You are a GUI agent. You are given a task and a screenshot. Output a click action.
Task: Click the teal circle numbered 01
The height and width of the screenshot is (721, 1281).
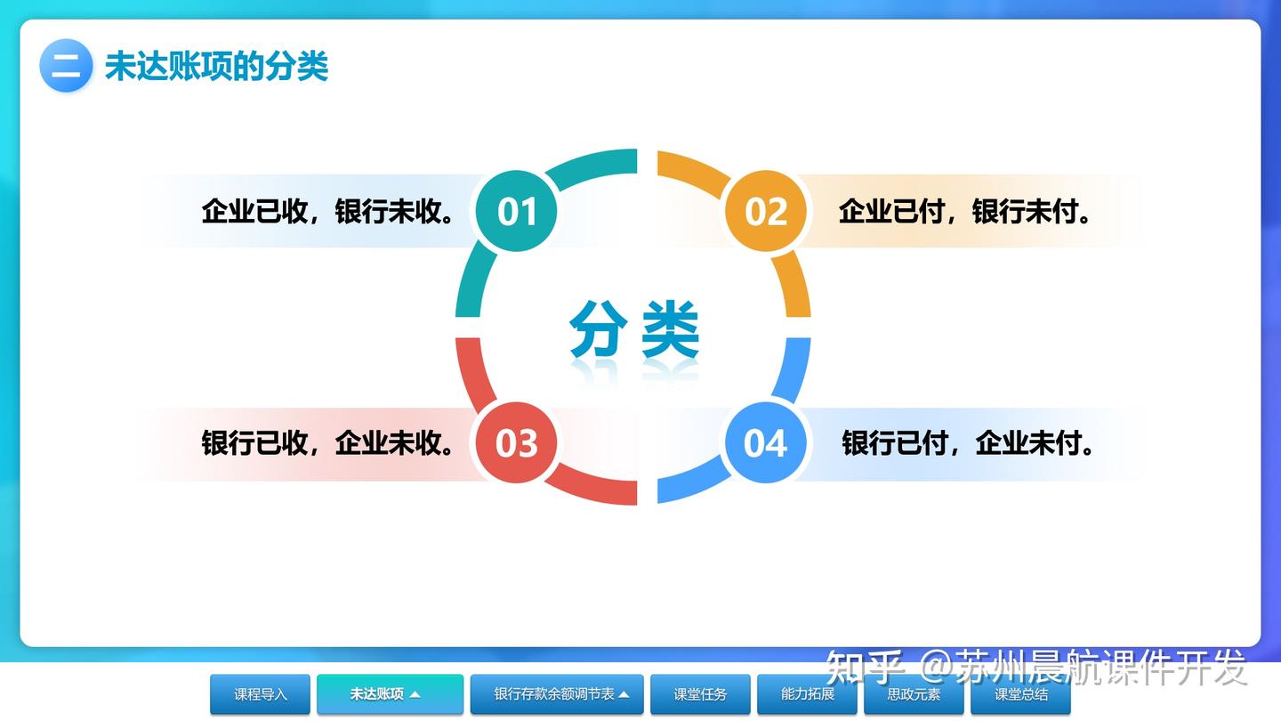tap(517, 212)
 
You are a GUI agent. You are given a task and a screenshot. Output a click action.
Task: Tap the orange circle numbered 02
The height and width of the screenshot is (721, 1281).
tap(766, 212)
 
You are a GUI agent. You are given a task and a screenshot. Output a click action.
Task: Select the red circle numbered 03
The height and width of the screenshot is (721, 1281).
tap(517, 442)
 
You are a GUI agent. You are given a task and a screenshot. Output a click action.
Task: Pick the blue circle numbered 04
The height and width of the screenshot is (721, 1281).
tap(766, 442)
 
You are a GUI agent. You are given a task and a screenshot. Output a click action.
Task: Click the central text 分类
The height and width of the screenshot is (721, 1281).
tap(634, 330)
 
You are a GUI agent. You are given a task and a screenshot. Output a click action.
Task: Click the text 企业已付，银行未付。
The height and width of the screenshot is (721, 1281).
tap(965, 212)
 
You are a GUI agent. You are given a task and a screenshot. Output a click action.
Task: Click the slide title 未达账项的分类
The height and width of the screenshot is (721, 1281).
tap(217, 67)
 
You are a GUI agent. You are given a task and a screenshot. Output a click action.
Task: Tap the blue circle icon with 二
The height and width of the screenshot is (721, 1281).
tap(66, 66)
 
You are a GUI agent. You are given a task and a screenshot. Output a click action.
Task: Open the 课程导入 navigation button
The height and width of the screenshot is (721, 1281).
tap(261, 694)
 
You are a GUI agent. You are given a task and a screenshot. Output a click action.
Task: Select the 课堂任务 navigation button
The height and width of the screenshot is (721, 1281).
tap(700, 694)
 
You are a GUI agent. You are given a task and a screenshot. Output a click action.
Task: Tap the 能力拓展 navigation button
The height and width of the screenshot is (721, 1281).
tap(807, 694)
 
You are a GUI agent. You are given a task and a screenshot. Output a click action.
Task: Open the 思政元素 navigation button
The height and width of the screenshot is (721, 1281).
tap(914, 694)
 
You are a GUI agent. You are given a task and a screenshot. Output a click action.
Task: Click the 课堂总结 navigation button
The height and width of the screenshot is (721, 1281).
tap(1020, 694)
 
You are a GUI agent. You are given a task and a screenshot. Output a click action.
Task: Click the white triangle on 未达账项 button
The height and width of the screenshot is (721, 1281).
tap(415, 694)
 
